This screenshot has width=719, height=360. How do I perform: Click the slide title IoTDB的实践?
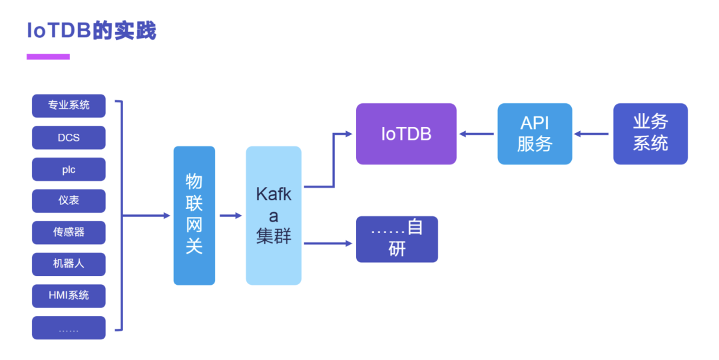point(91,31)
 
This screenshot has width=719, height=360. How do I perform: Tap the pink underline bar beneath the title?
point(48,57)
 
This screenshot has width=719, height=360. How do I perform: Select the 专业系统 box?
point(69,106)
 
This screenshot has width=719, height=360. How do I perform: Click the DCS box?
point(69,138)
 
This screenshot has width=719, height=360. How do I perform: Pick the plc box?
point(69,170)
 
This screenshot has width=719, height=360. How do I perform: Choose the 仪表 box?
point(69,201)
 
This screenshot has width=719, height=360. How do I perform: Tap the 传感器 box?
point(69,233)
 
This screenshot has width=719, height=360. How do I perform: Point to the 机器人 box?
point(69,264)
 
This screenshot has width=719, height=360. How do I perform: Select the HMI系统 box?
point(69,295)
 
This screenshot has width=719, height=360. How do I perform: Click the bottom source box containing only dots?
point(69,328)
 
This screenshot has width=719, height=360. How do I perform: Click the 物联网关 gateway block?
point(194,216)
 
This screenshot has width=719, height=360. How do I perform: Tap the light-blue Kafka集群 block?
point(273,216)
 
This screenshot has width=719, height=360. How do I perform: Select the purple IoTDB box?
point(406,134)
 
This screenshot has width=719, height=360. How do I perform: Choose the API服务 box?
point(535,134)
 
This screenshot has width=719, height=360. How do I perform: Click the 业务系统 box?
point(650,134)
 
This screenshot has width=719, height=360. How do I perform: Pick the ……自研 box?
point(397,239)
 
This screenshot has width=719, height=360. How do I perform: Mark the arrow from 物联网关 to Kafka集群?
point(230,216)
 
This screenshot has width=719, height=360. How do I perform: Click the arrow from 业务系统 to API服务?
point(593,134)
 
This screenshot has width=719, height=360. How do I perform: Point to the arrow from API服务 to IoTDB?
point(477,134)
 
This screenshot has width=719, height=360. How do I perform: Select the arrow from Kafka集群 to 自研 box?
point(328,244)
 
